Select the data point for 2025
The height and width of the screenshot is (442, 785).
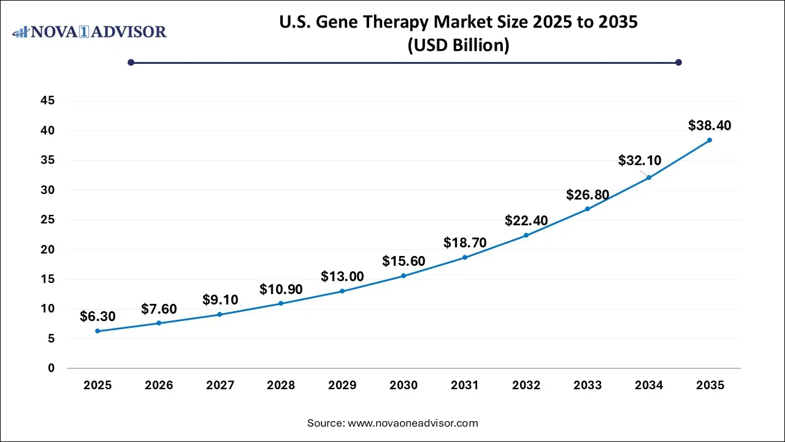click(x=98, y=331)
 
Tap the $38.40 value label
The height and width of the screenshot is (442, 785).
click(x=710, y=125)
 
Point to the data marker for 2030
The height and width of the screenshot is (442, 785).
click(x=404, y=276)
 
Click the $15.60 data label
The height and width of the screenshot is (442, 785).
click(x=404, y=261)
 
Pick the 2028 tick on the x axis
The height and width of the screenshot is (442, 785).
click(x=281, y=386)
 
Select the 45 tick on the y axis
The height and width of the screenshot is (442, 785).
click(x=47, y=101)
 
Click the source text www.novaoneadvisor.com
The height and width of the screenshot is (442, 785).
click(x=392, y=423)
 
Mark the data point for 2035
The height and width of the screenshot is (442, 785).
click(x=710, y=140)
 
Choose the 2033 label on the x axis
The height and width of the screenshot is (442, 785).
click(x=588, y=386)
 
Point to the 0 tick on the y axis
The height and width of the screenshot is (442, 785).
click(x=52, y=368)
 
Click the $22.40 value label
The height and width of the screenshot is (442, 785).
click(x=526, y=220)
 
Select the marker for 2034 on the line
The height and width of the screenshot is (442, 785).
click(x=648, y=177)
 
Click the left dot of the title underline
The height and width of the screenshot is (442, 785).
click(x=131, y=62)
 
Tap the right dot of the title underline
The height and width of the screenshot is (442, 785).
click(x=678, y=62)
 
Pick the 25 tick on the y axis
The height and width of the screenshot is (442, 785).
click(x=47, y=220)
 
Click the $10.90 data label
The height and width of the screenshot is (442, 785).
click(x=281, y=289)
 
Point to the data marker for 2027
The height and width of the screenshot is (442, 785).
click(x=220, y=314)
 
